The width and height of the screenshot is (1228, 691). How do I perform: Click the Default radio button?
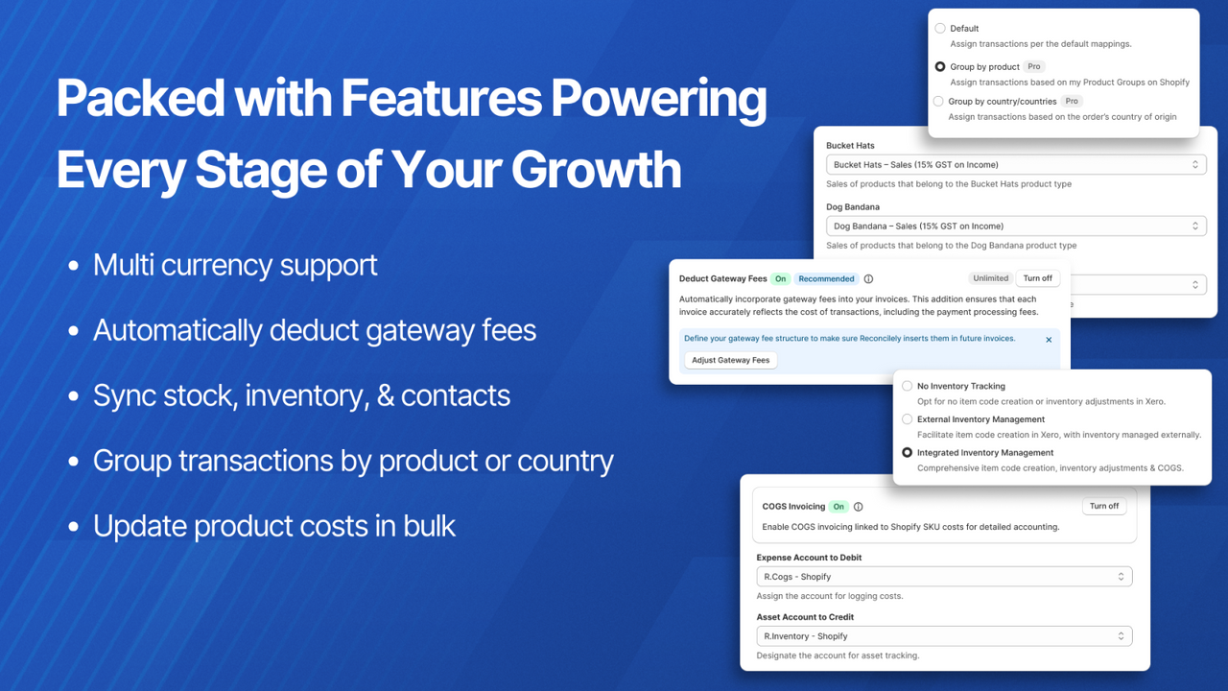coord(940,29)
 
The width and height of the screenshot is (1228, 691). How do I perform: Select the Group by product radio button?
coord(940,67)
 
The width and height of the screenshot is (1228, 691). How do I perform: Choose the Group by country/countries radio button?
coord(938,101)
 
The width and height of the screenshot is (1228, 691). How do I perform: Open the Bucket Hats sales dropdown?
coord(1016,165)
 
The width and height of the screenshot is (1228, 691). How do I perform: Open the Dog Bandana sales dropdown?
coord(1016,226)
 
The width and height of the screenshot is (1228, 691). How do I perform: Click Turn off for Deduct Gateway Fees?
coord(1037,278)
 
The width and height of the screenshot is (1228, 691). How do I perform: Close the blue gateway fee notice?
coord(1049,340)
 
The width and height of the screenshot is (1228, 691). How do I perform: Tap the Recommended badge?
coord(826,279)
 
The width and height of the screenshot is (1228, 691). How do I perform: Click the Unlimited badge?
coord(990,278)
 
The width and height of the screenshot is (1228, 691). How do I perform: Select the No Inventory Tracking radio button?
coord(907,386)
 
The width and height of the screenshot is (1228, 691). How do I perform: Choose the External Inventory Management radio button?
coord(907,419)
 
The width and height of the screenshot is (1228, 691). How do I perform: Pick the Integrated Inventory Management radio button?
coord(907,452)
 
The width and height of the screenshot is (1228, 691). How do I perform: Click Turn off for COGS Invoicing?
coord(1103,506)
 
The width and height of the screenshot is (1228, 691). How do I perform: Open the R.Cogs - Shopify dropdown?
coord(944,577)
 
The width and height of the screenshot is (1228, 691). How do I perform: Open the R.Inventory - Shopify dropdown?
coord(944,636)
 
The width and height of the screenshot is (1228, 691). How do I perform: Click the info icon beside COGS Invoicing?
coord(859,507)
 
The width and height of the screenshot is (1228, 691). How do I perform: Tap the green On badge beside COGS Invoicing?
coord(838,507)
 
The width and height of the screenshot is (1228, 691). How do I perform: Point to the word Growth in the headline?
coord(596,170)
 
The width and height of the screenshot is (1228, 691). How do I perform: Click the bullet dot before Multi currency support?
coord(74,266)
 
